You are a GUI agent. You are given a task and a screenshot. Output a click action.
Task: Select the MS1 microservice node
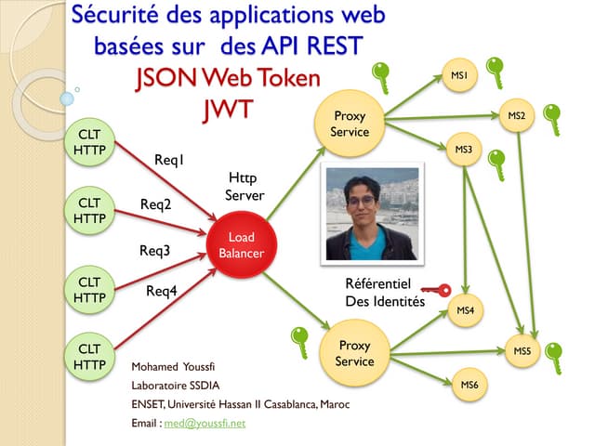458,74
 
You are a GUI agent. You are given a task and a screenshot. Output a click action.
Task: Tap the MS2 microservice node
517,116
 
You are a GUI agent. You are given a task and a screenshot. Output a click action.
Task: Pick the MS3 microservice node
463,150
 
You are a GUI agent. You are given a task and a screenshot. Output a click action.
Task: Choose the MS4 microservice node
466,310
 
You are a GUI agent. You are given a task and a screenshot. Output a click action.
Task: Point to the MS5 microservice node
522,351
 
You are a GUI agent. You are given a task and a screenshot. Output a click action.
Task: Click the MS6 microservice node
469,384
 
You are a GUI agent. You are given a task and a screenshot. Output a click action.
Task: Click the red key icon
434,290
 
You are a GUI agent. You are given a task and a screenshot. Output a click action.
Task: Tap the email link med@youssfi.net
205,423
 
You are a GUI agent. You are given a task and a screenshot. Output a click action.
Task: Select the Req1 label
169,161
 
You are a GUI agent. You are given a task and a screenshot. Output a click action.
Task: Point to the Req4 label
162,291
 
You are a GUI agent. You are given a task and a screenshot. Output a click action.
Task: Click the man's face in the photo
360,203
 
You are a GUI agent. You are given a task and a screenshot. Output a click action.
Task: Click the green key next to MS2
552,118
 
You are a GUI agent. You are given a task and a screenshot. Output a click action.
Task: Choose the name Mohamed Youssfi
172,365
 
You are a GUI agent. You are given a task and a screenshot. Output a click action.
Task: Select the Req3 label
155,250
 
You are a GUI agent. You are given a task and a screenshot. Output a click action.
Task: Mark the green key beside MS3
497,165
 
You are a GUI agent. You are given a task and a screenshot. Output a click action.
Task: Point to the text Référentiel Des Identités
385,293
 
